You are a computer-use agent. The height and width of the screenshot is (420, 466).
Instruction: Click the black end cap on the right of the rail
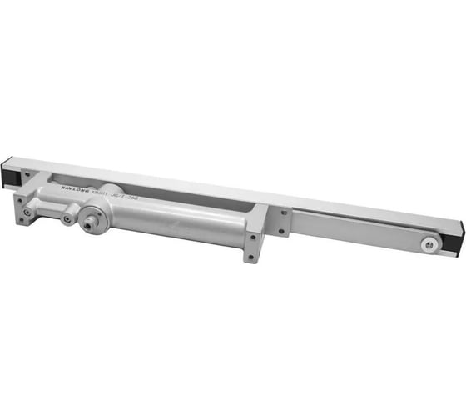pos(456,240)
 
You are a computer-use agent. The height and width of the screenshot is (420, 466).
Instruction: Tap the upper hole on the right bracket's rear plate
pos(283,212)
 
